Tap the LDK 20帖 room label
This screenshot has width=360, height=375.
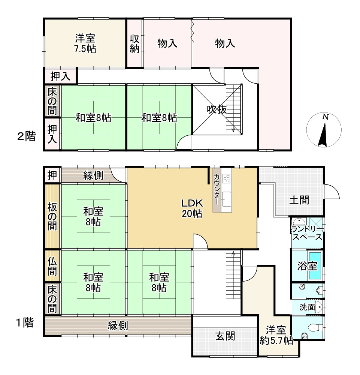click(192, 208)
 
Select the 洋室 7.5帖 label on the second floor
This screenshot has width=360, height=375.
click(85, 43)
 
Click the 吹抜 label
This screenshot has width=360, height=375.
click(217, 109)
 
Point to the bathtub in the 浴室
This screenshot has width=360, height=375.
click(315, 265)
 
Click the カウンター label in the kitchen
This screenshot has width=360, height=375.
click(217, 189)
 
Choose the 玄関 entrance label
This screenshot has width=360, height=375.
click(225, 336)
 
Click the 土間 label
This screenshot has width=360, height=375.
click(299, 200)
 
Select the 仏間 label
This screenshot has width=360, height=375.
click(52, 266)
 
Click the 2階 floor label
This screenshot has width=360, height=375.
click(27, 136)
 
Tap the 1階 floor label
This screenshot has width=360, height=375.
click(25, 322)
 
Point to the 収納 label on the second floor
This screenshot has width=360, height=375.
click(134, 43)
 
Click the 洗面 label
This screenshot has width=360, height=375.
click(307, 307)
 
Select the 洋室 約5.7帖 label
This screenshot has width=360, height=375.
click(276, 335)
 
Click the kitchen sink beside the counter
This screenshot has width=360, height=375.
click(226, 199)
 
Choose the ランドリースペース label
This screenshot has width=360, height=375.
click(307, 233)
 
